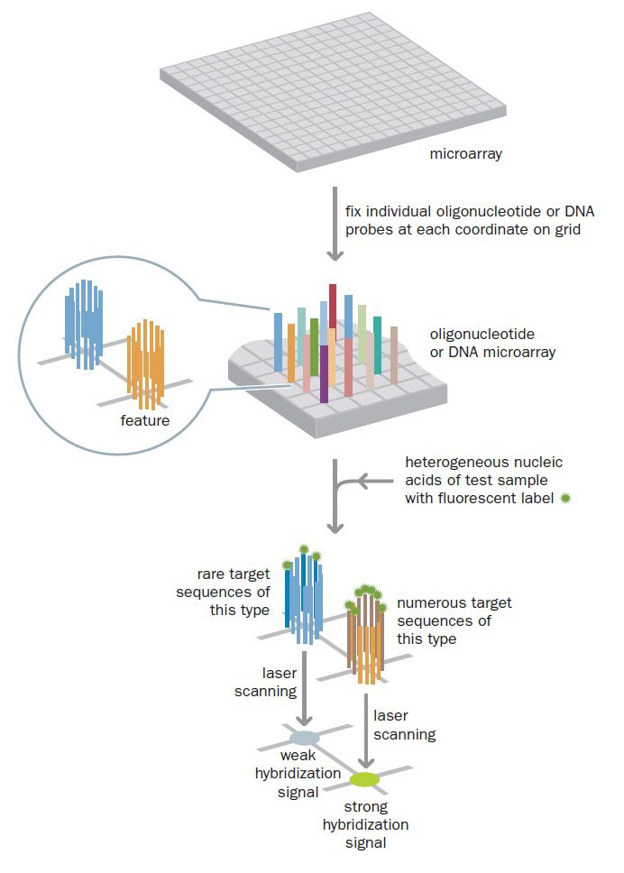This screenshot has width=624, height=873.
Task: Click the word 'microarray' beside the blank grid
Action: (465, 154)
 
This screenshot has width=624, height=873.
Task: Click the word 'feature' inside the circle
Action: (144, 420)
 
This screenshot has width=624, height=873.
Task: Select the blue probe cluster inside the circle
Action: (84, 322)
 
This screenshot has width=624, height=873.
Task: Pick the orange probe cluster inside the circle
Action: (146, 362)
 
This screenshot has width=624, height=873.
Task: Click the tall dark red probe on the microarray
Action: (333, 307)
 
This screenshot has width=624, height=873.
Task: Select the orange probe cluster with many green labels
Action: (367, 636)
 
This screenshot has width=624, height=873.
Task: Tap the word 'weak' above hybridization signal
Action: (297, 756)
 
